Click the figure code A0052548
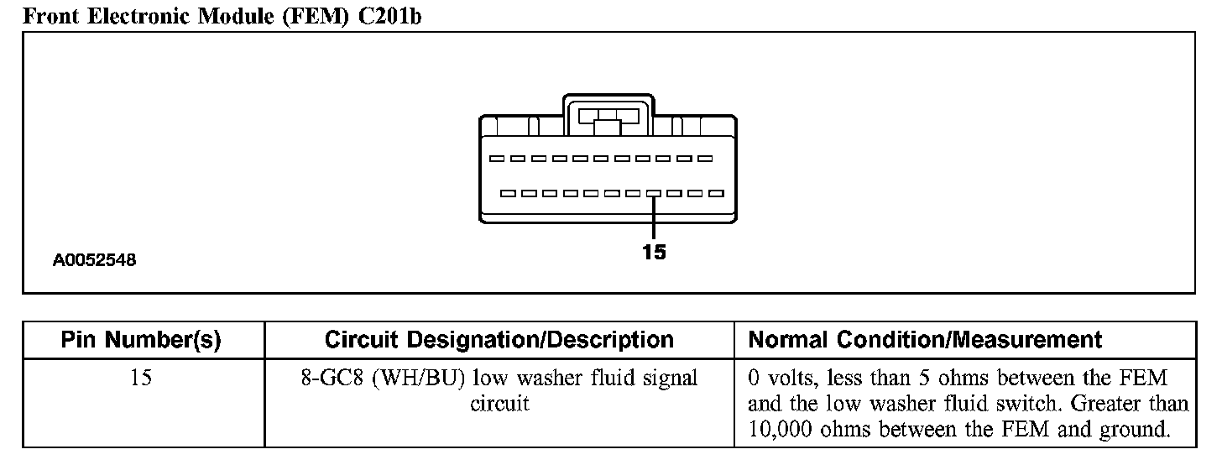[95, 261]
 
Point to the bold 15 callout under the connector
[654, 252]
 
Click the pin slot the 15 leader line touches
[654, 193]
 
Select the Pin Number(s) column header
[141, 340]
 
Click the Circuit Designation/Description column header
[499, 340]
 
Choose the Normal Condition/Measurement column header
[925, 340]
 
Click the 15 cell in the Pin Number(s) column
[141, 378]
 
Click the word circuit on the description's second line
[499, 404]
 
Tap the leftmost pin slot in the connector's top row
[497, 159]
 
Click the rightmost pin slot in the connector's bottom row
[716, 193]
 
